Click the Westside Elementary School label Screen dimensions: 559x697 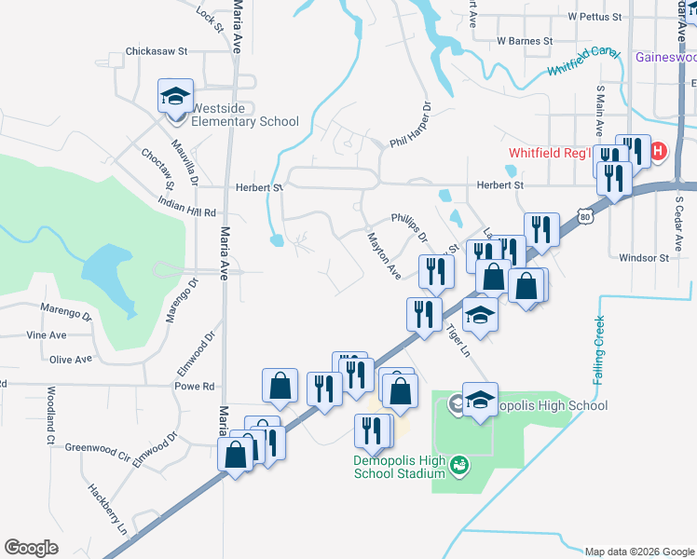[244, 115]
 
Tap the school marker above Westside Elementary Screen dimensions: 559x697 [174, 97]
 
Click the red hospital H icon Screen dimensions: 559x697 [659, 151]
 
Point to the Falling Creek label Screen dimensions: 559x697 [598, 351]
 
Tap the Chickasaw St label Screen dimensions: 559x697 [157, 51]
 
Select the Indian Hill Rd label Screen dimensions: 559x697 [186, 207]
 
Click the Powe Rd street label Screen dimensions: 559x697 [195, 386]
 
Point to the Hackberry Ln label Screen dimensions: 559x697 [107, 508]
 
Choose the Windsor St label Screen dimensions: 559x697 [644, 258]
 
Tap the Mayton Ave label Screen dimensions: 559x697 [382, 256]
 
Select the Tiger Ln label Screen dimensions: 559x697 [456, 341]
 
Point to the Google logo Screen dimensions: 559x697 [32, 548]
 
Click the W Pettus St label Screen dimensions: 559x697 [594, 17]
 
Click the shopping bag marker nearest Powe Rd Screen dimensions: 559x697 [280, 386]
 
